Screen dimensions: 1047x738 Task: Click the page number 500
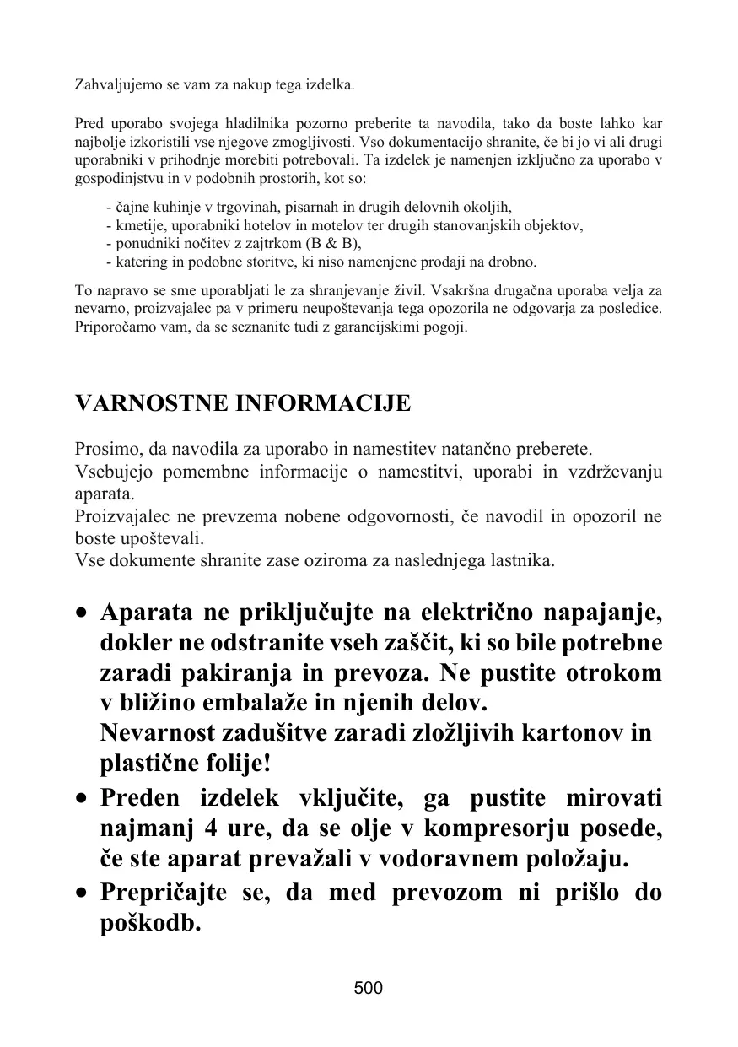coord(369,988)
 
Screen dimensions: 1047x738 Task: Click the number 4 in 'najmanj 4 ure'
coord(209,829)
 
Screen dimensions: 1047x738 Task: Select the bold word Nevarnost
coord(156,732)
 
